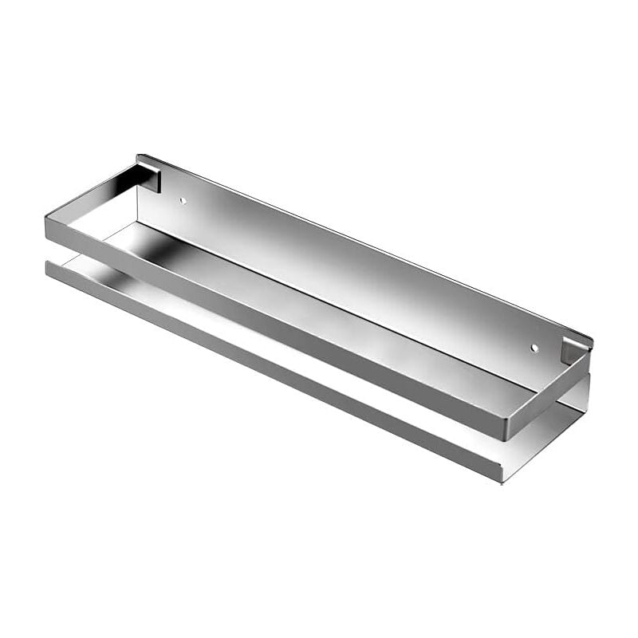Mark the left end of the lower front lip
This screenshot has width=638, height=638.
[x=49, y=267]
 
